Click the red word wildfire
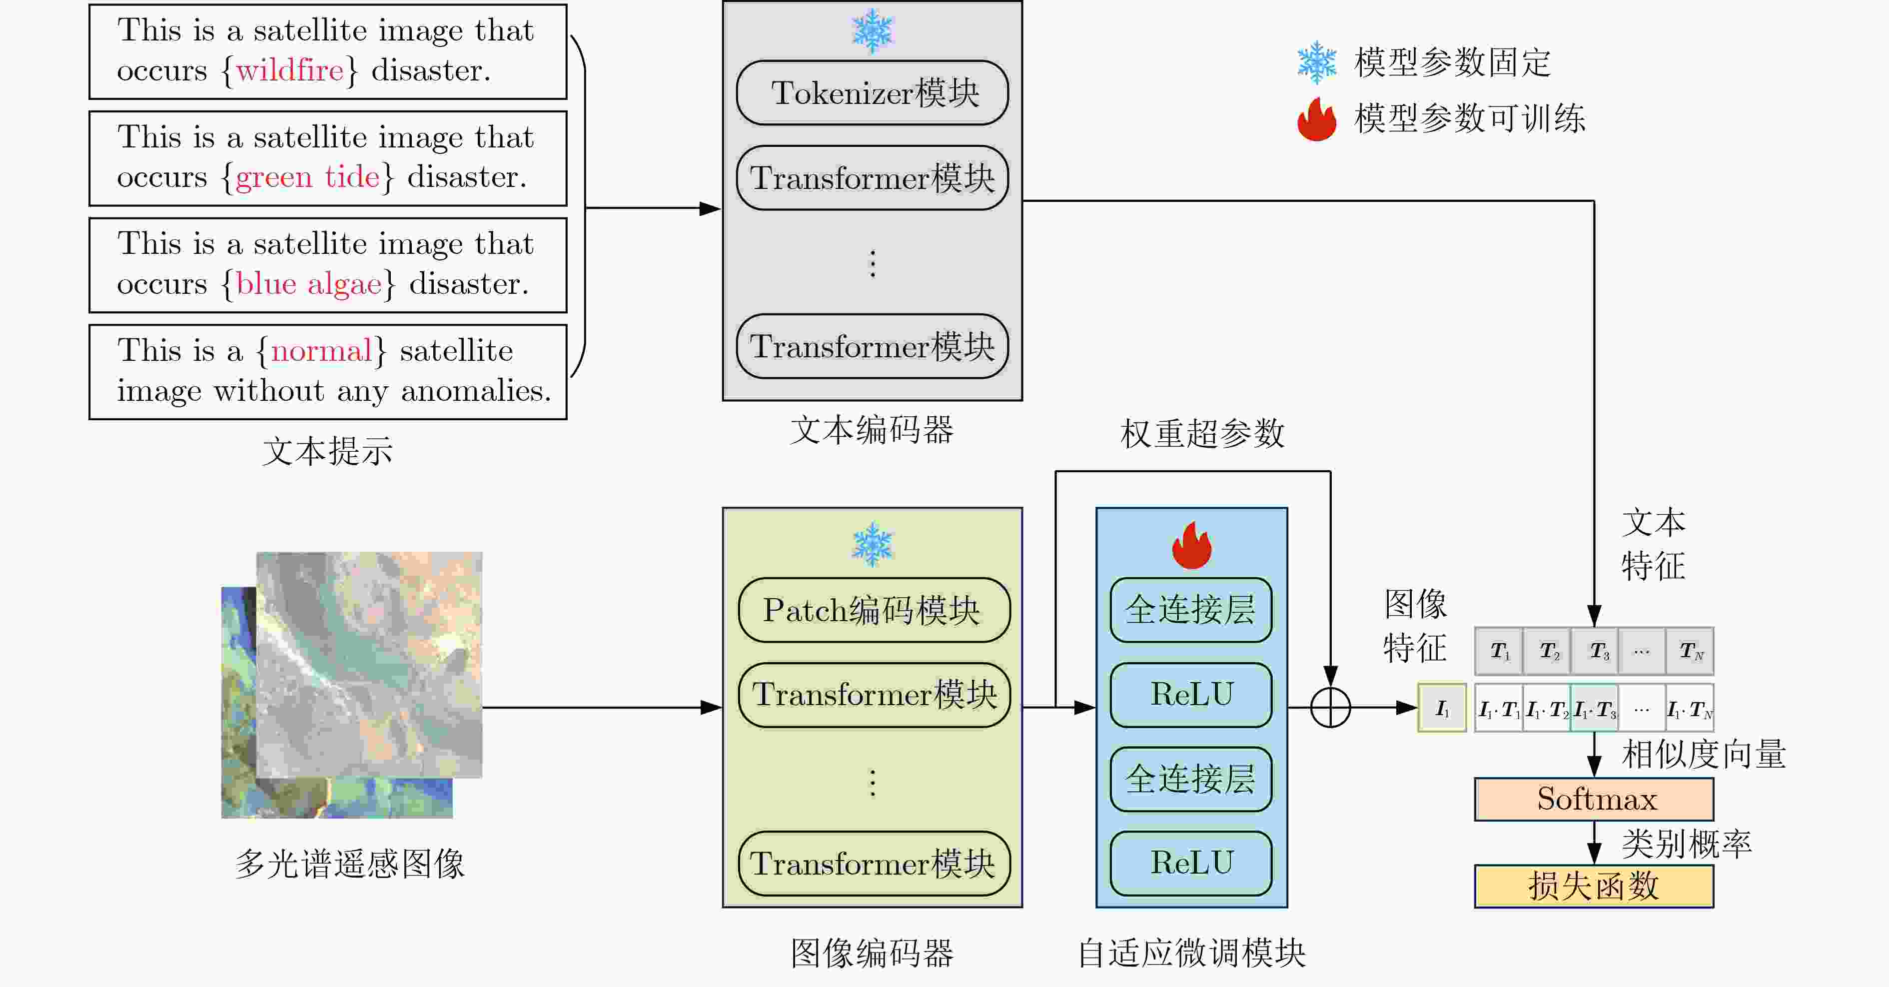[x=290, y=70]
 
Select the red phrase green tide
[x=308, y=177]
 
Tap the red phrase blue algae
[x=309, y=284]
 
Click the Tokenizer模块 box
[x=872, y=93]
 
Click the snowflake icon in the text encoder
[x=872, y=31]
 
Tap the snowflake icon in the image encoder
[x=872, y=544]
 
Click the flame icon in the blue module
[x=1192, y=546]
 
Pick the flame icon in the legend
[x=1316, y=119]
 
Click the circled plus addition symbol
[x=1330, y=708]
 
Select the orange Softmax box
[x=1594, y=799]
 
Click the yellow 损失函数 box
[x=1594, y=887]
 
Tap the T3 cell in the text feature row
[x=1595, y=651]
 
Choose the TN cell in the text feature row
[x=1690, y=651]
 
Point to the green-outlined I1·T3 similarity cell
[x=1594, y=708]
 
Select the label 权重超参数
[x=1203, y=433]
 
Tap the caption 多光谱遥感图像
[x=350, y=864]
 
